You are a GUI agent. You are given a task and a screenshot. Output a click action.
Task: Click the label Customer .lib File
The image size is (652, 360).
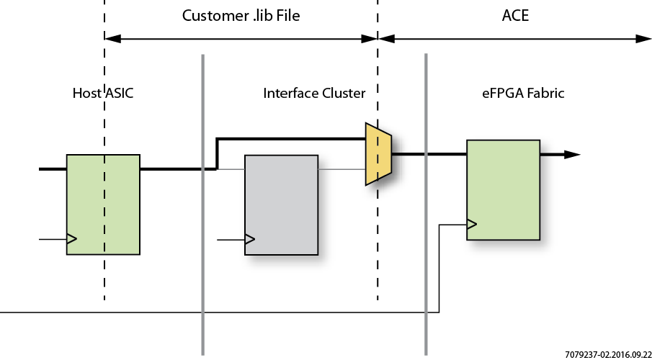pyautogui.click(x=241, y=16)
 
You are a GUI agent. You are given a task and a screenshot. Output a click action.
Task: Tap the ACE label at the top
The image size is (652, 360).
pyautogui.click(x=515, y=16)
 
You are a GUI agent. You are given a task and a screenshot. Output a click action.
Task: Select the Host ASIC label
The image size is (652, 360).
pyautogui.click(x=103, y=93)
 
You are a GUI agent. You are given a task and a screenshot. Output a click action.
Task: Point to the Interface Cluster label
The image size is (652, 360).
pyautogui.click(x=314, y=93)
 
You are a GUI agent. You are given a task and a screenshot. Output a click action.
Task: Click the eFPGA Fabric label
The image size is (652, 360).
pyautogui.click(x=523, y=93)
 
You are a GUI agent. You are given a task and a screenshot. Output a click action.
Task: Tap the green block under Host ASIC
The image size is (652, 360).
pyautogui.click(x=103, y=204)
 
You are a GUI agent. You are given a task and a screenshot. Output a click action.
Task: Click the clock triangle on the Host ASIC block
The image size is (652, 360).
pyautogui.click(x=71, y=238)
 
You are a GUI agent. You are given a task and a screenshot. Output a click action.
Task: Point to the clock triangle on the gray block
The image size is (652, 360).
pyautogui.click(x=250, y=239)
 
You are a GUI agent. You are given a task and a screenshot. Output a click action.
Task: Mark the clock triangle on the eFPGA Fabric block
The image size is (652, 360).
pyautogui.click(x=471, y=225)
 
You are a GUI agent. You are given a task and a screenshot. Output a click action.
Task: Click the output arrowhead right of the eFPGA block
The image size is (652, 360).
pyautogui.click(x=572, y=154)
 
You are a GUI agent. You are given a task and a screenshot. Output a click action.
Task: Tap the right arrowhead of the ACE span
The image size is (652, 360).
pyautogui.click(x=644, y=38)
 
